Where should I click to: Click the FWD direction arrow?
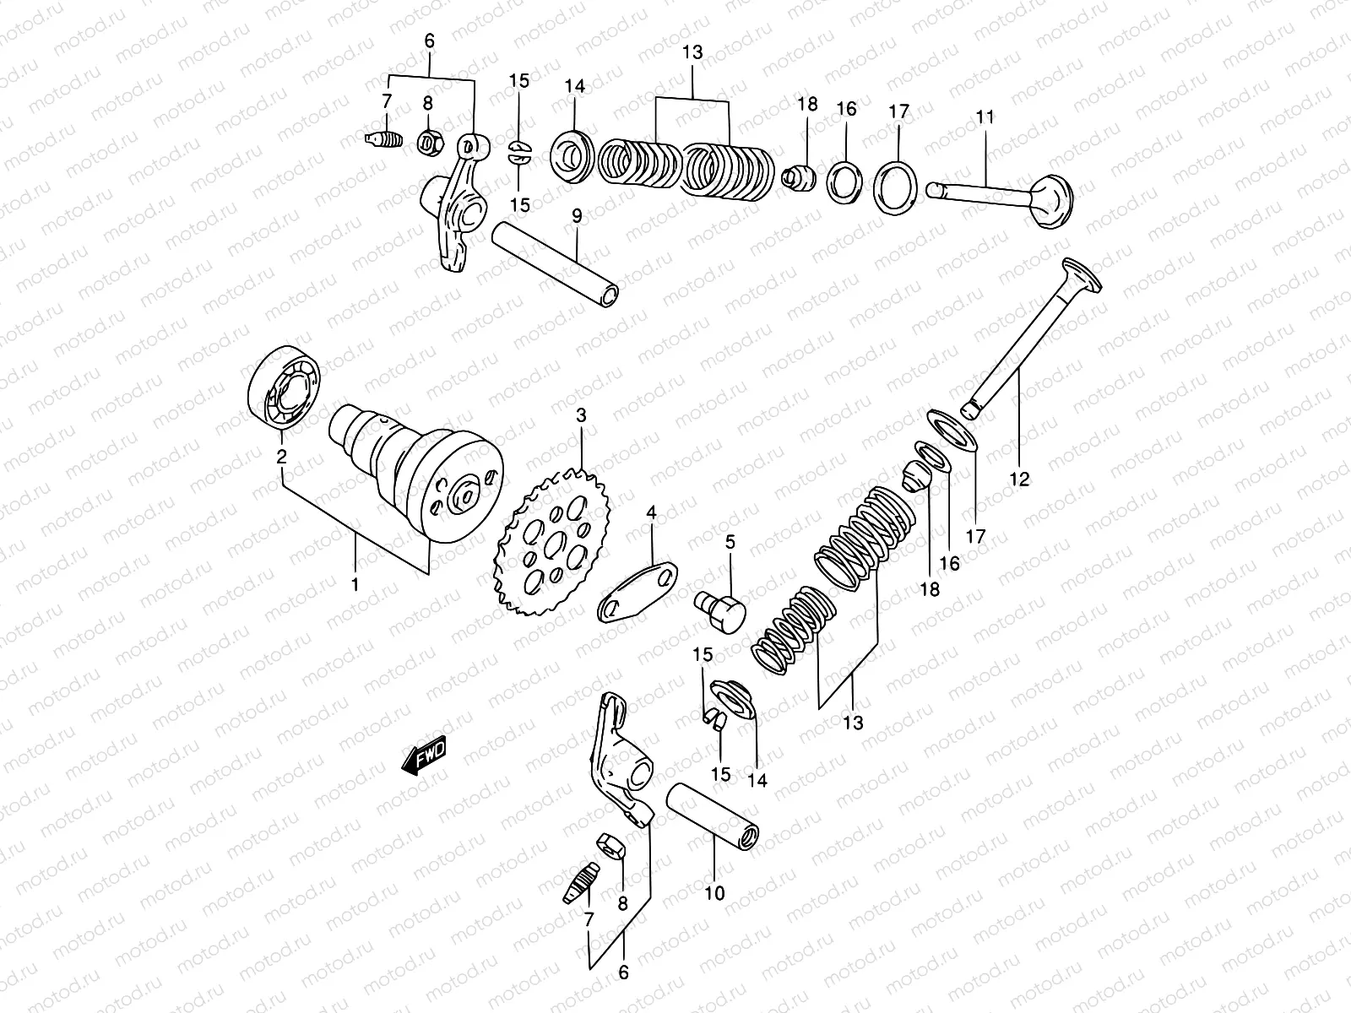coord(425,757)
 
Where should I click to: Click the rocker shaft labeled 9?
coord(557,263)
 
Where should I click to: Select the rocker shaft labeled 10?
coord(714,810)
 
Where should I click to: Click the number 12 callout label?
coord(1020,479)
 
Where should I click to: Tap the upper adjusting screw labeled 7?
coord(383,139)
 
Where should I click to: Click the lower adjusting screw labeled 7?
coord(581,881)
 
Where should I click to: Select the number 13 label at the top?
coord(692,52)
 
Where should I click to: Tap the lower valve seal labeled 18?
coord(915,477)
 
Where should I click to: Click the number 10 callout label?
coord(714,893)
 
